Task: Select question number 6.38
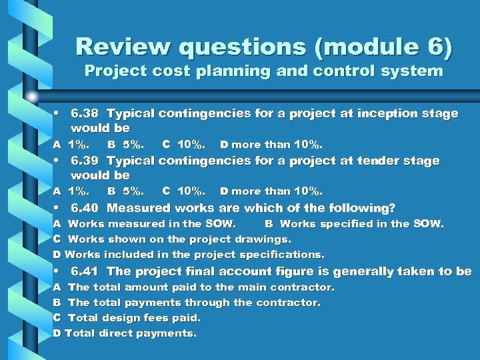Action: pos(85,113)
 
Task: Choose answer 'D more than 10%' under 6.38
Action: pos(271,144)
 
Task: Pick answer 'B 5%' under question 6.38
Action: pos(125,144)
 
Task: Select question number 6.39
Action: pos(85,161)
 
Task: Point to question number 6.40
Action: pos(85,208)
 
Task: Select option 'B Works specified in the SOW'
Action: pos(354,224)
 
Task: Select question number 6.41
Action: pos(85,271)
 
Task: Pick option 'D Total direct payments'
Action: pos(125,333)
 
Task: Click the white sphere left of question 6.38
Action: pos(32,97)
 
